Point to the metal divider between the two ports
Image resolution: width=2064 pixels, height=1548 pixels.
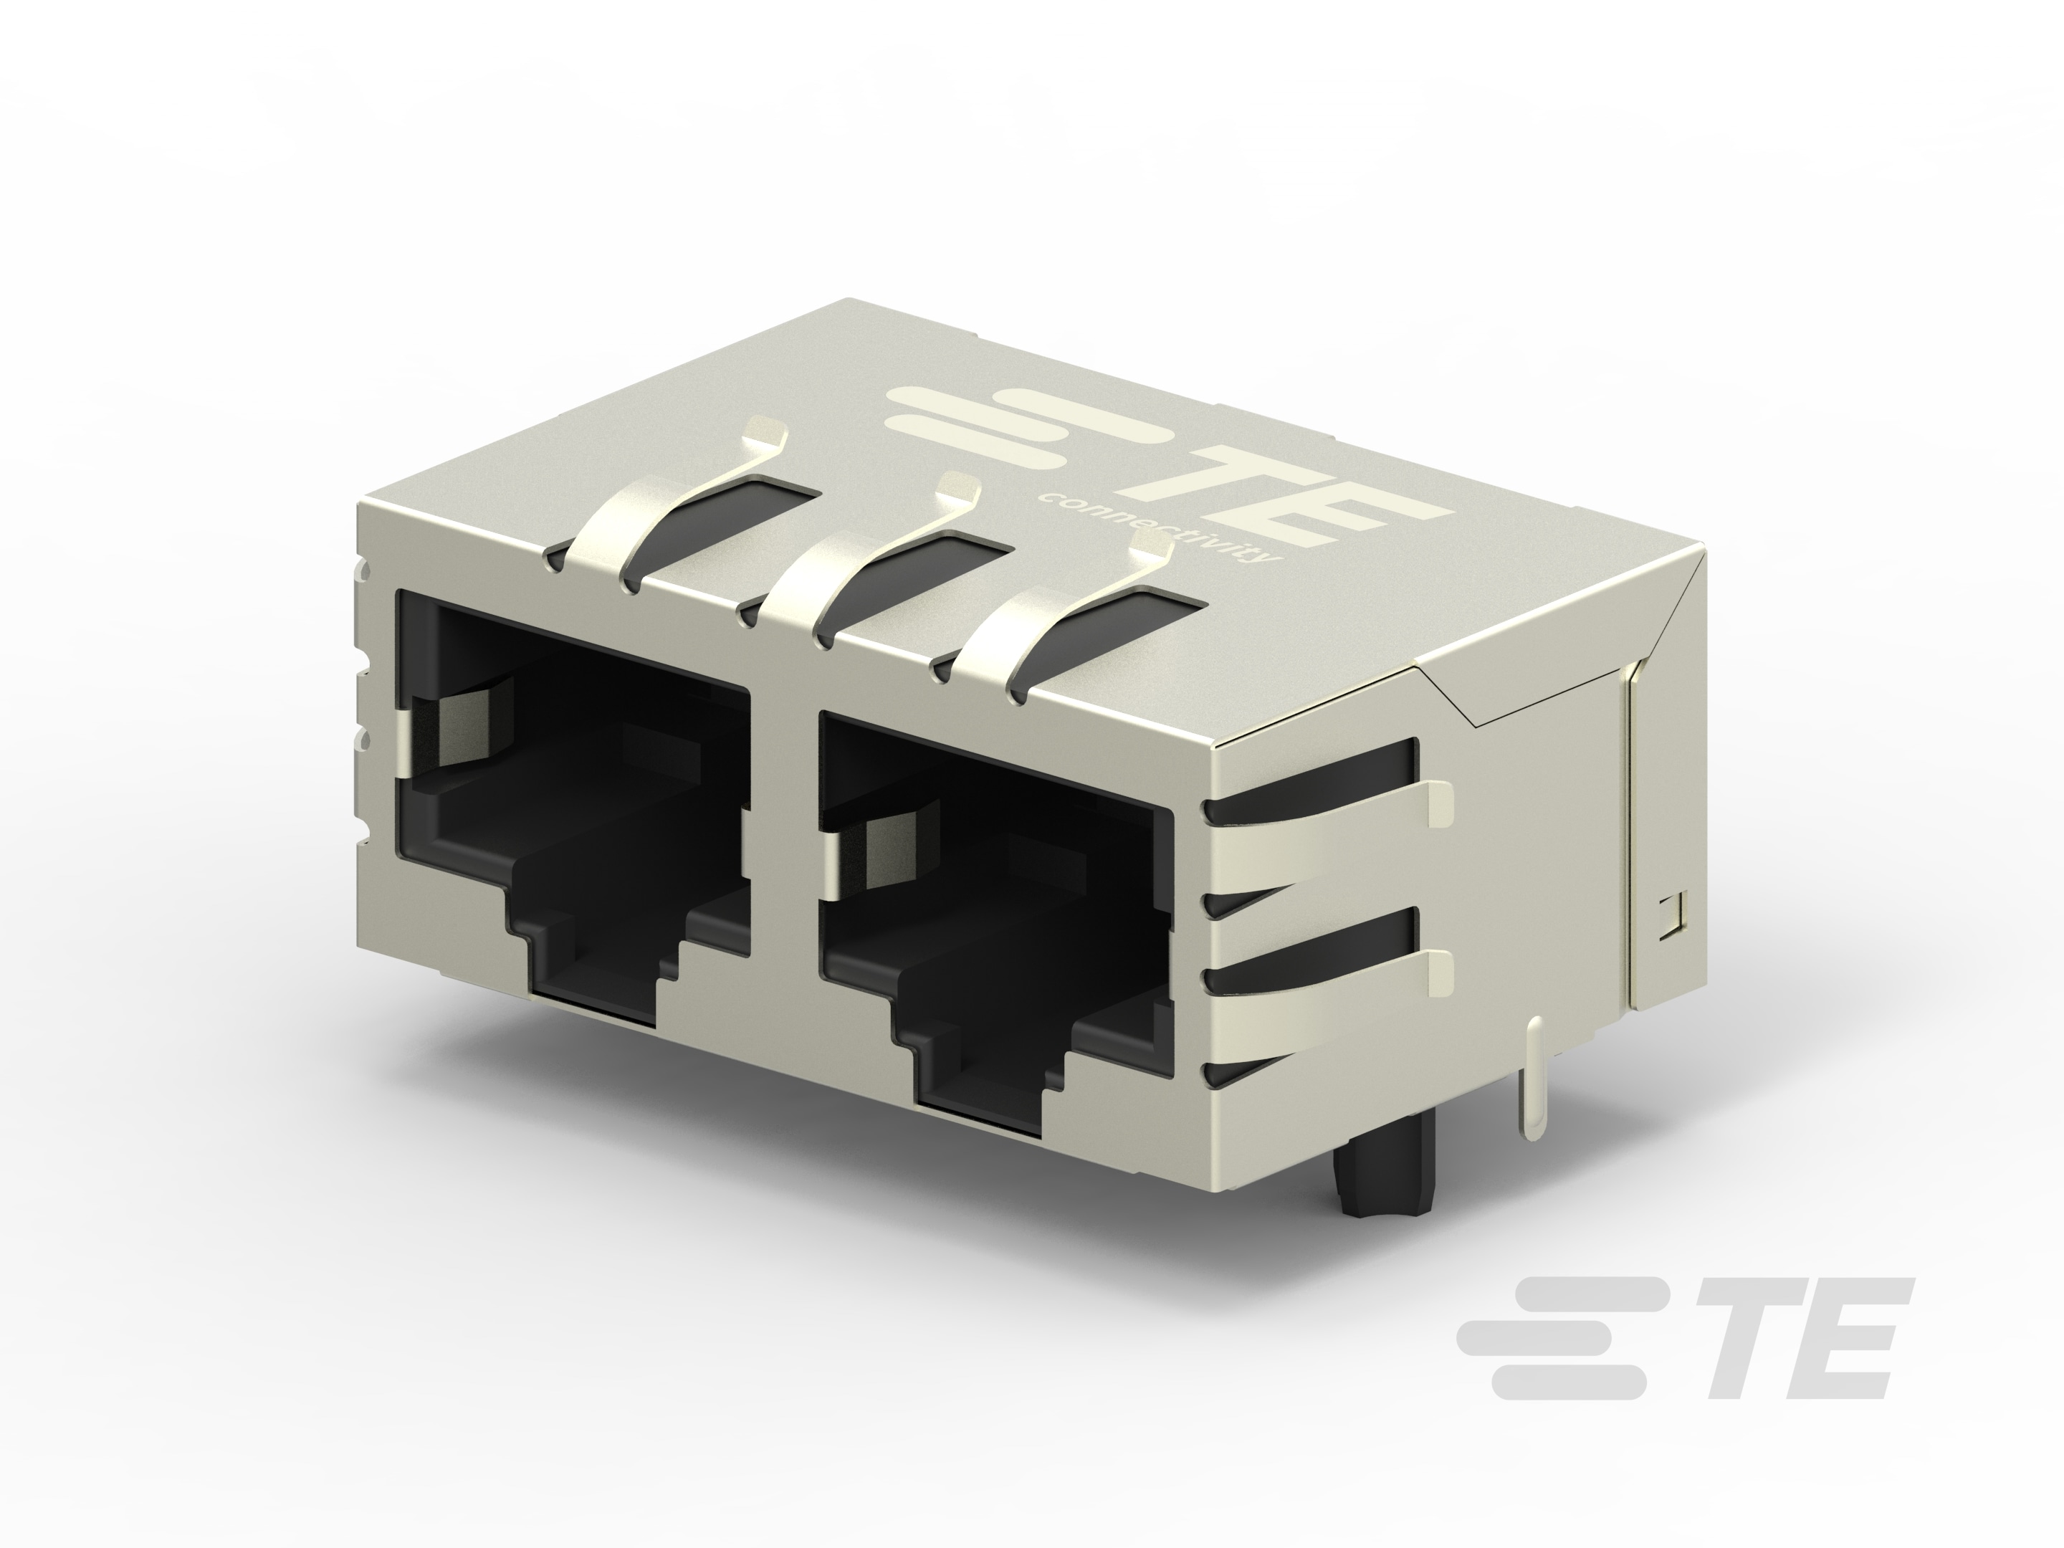click(784, 840)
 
